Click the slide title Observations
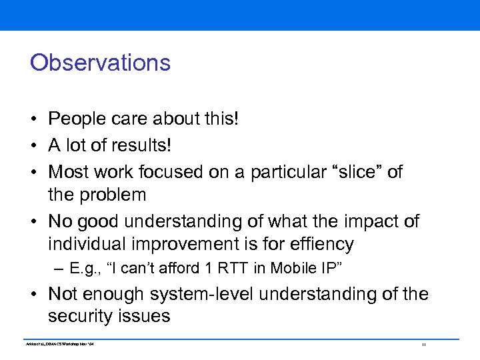(x=100, y=63)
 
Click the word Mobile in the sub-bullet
(x=243, y=269)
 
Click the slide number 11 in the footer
(x=423, y=344)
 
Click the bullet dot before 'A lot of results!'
(x=33, y=146)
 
